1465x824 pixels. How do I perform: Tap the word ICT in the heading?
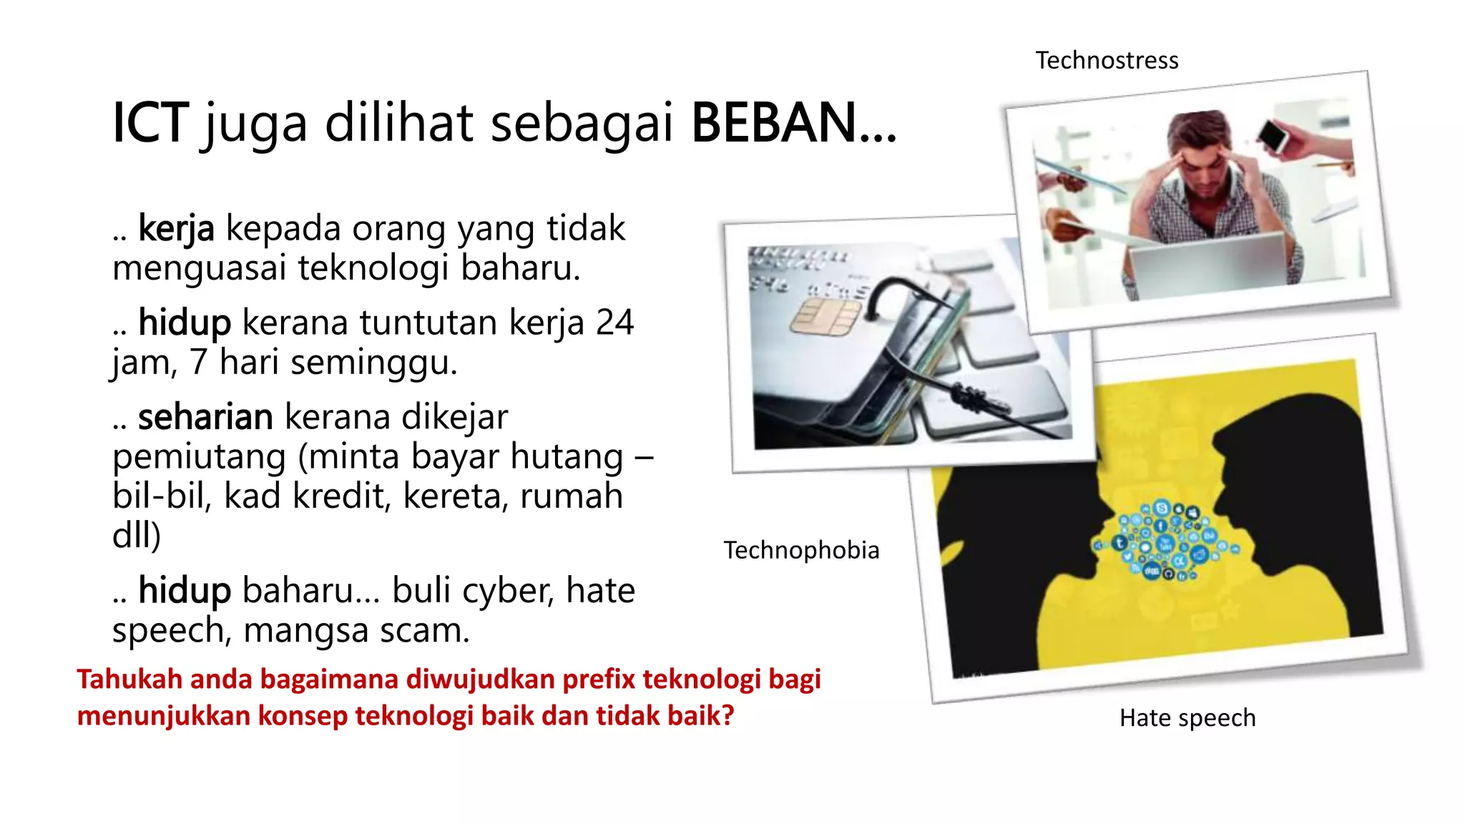pos(150,123)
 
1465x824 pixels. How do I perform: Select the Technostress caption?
pos(1107,61)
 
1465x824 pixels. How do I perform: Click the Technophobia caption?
pos(801,550)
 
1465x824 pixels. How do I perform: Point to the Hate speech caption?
pos(1187,717)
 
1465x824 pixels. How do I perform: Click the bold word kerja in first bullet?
pos(176,229)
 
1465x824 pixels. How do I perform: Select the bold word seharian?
pos(205,417)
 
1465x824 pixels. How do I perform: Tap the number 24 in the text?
pos(614,323)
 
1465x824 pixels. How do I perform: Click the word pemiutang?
pos(200,456)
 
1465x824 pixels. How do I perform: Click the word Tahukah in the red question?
pos(128,679)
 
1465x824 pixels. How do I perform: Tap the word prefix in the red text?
pos(599,679)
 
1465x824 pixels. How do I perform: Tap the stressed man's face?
pos(1203,172)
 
